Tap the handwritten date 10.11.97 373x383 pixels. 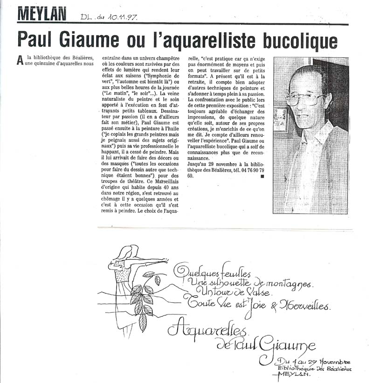123,17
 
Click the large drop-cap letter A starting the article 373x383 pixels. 20,60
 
